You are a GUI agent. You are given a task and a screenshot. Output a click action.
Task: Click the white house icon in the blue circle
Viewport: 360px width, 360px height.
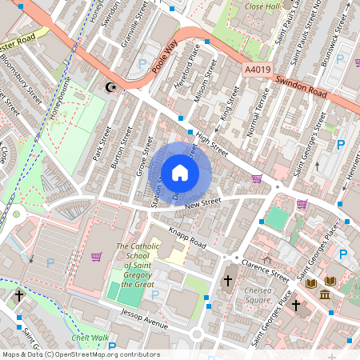tap(180, 172)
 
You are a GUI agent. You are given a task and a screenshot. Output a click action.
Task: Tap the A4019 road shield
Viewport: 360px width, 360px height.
tap(257, 70)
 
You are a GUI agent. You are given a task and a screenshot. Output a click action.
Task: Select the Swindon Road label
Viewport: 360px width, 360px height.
tap(302, 83)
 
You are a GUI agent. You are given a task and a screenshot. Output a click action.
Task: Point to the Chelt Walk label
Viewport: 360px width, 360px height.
tap(90, 338)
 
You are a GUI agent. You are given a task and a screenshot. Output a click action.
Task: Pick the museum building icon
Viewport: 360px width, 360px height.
tap(326, 296)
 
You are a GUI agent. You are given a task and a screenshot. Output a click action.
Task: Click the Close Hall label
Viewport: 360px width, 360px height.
tap(261, 6)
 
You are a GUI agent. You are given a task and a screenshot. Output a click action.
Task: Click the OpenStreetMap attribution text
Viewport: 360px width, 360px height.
tap(81, 354)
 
